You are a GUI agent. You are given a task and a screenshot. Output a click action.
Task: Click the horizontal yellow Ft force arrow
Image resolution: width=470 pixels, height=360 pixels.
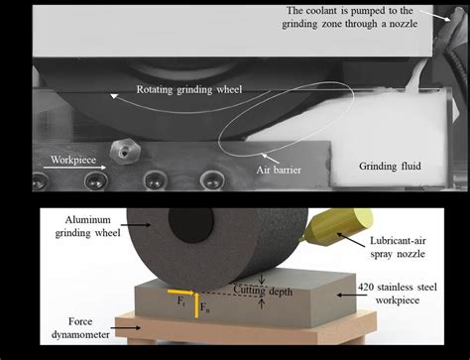tap(185, 292)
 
